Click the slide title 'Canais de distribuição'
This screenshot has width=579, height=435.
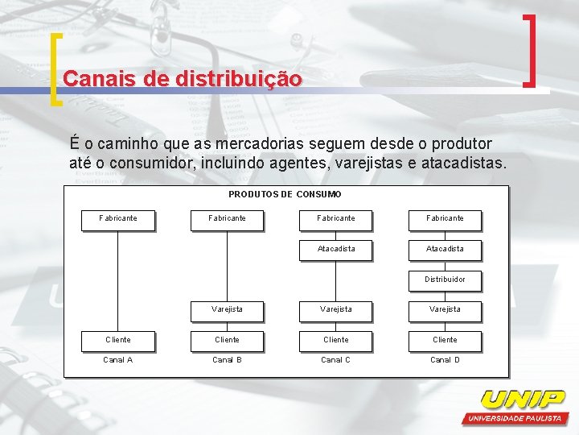pos(183,79)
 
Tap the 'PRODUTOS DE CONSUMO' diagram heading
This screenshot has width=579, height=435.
pos(285,194)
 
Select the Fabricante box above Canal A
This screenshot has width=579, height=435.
pos(118,218)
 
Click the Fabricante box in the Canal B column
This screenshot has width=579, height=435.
pos(227,218)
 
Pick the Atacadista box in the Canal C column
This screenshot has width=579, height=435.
pos(336,249)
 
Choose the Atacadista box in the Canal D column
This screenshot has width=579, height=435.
pos(445,249)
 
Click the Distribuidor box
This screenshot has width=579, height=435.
pos(445,280)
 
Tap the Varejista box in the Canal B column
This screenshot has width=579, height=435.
pos(227,309)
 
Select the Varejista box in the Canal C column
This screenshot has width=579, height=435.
pos(336,309)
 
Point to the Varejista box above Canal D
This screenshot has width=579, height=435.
pos(445,309)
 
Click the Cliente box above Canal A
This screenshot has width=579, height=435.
pos(118,340)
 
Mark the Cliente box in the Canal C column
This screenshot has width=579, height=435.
pos(336,340)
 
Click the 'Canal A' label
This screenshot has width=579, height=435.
pos(118,360)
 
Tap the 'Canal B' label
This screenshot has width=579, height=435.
pos(227,360)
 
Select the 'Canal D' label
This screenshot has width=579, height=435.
pos(445,360)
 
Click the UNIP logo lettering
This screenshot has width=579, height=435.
pos(523,400)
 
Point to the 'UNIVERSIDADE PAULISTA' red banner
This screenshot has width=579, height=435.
pos(515,419)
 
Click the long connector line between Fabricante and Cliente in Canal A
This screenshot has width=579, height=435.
pos(118,278)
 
